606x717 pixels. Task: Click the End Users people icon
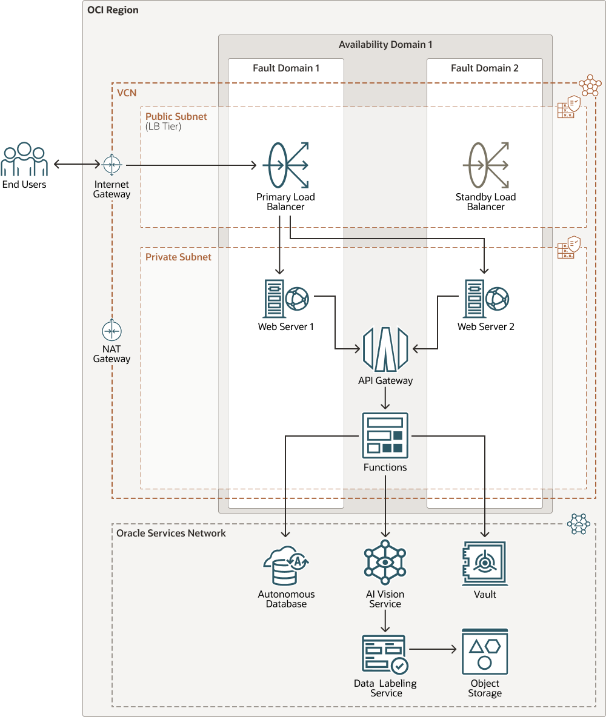click(x=24, y=159)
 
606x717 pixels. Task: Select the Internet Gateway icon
click(x=112, y=164)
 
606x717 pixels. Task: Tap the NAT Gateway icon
click(x=112, y=331)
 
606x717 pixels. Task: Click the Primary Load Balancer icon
click(x=285, y=165)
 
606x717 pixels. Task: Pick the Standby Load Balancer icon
click(x=486, y=165)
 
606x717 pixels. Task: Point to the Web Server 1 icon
click(x=285, y=299)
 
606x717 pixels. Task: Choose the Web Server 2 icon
click(x=486, y=299)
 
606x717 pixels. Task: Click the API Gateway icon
click(x=385, y=349)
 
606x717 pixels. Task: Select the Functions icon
click(x=385, y=435)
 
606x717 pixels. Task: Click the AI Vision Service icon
click(x=385, y=563)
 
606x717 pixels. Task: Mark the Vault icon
click(x=485, y=563)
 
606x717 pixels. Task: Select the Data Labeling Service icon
click(x=385, y=654)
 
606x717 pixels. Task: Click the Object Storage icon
click(x=485, y=652)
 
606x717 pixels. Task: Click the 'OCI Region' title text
click(x=113, y=10)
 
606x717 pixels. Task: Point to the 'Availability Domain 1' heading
click(x=385, y=45)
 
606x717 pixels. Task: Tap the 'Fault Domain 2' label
click(x=485, y=68)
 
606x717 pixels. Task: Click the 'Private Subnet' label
click(x=178, y=257)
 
